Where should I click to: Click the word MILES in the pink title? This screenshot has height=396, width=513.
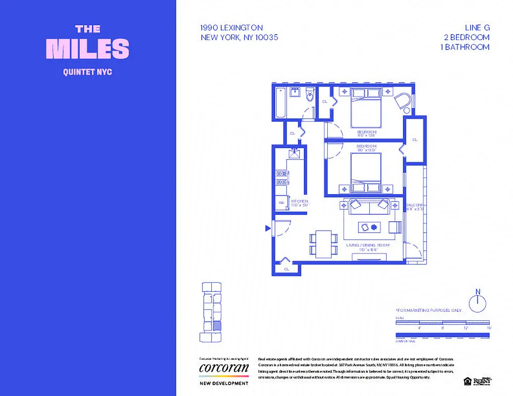(x=88, y=49)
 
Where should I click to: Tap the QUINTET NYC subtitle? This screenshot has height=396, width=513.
(x=88, y=72)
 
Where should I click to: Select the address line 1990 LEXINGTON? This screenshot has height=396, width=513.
(x=231, y=28)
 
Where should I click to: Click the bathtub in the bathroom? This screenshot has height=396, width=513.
(x=281, y=102)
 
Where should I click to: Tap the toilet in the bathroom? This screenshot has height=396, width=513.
(x=310, y=95)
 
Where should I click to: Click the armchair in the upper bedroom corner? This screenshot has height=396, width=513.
(x=403, y=101)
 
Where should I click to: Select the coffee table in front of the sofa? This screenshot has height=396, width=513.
(x=369, y=227)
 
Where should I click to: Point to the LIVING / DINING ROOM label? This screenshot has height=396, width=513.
(x=367, y=246)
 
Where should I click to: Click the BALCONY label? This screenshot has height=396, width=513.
(x=415, y=205)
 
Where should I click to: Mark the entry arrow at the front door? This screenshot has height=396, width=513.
(x=268, y=228)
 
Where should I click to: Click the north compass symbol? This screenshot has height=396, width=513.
(x=477, y=301)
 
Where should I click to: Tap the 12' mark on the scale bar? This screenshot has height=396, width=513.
(x=465, y=328)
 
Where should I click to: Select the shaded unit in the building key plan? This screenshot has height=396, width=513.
(x=217, y=325)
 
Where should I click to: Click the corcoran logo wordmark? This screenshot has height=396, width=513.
(x=224, y=368)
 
